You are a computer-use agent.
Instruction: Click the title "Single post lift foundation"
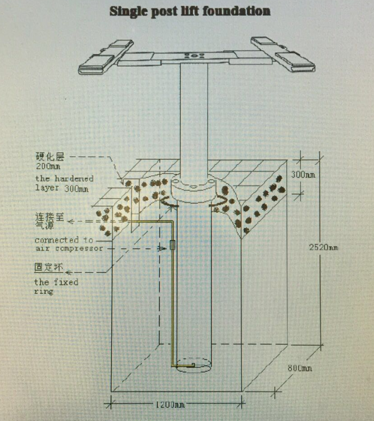click(x=190, y=11)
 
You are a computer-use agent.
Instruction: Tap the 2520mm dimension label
click(x=323, y=247)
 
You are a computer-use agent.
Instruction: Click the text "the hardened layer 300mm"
click(x=64, y=183)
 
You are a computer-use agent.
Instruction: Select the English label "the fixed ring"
click(x=56, y=286)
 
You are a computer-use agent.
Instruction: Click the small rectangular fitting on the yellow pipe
click(x=172, y=245)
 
